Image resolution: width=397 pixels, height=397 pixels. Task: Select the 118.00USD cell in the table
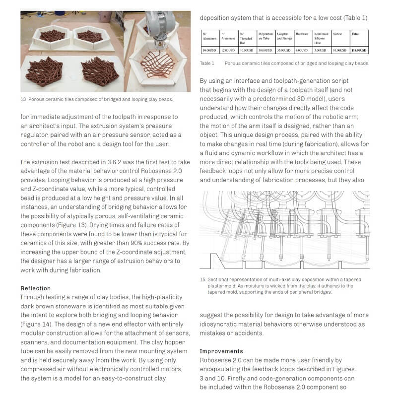[x=359, y=50]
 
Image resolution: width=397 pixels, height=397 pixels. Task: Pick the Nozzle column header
[x=337, y=34]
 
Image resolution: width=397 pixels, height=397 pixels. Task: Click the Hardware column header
[x=302, y=34]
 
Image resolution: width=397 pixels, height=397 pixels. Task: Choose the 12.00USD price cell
[x=228, y=50]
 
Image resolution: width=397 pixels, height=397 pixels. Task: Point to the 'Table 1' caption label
[x=207, y=64]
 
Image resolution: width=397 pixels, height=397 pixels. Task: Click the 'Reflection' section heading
[x=35, y=288]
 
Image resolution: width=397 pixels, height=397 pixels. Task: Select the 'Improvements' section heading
[x=221, y=351]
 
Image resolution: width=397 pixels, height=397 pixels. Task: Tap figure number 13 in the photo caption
[x=23, y=99]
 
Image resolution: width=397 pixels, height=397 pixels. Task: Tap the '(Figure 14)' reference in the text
[x=38, y=324]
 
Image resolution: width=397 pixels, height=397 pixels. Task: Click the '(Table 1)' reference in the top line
[x=355, y=18]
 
